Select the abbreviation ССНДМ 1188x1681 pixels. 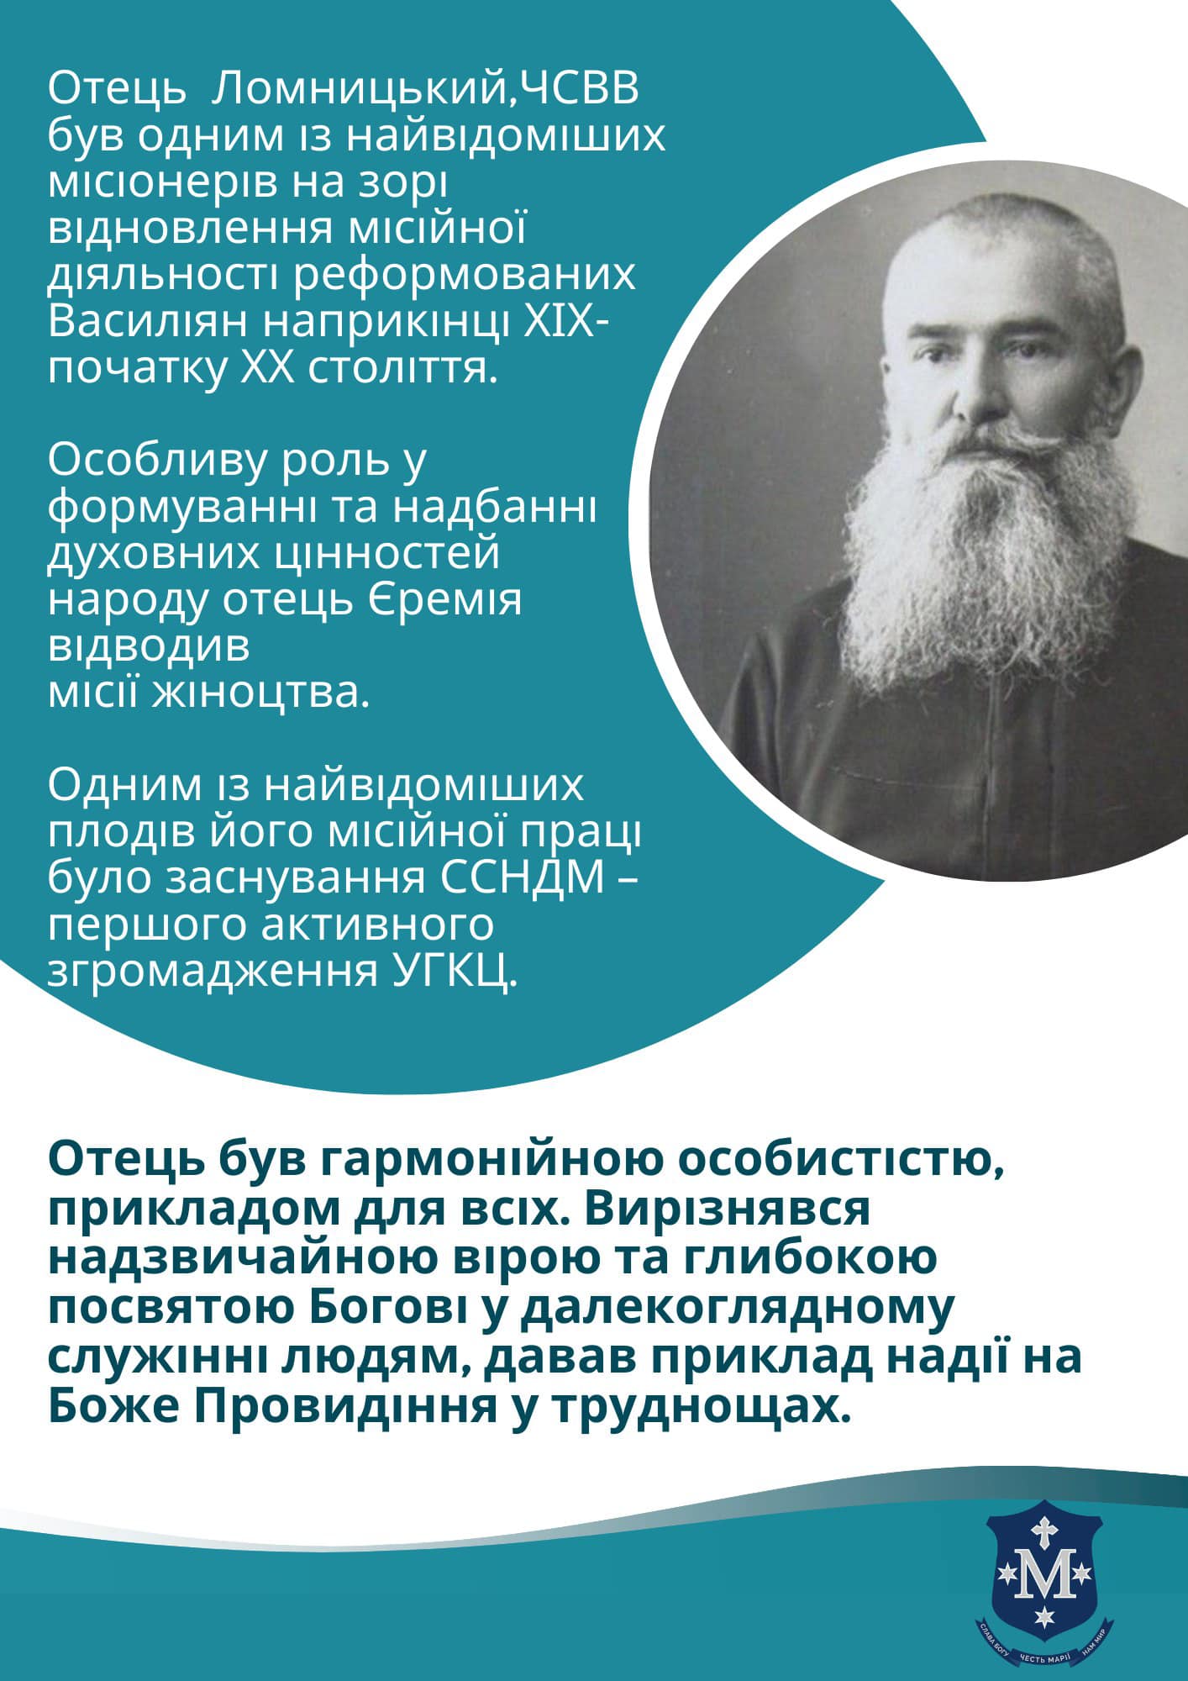(x=522, y=877)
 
